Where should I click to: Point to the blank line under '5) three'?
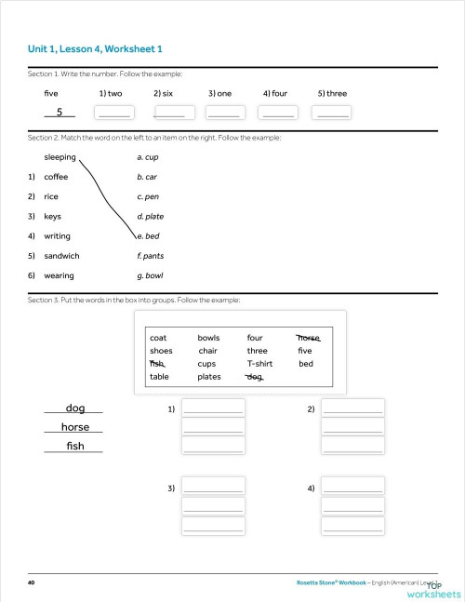[x=333, y=113]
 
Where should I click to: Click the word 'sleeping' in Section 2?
[x=60, y=157]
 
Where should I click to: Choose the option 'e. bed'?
[x=148, y=236]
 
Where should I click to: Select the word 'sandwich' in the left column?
[x=61, y=256]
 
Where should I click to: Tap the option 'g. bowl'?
[x=150, y=276]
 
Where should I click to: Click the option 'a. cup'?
[x=147, y=157]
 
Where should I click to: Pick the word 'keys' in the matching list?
[x=53, y=216]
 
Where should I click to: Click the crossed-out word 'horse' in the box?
[x=308, y=338]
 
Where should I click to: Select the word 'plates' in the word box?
[x=209, y=377]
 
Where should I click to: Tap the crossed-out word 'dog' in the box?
[x=254, y=377]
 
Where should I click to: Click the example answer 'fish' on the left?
[x=75, y=447]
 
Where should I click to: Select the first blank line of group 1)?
[x=213, y=408]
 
